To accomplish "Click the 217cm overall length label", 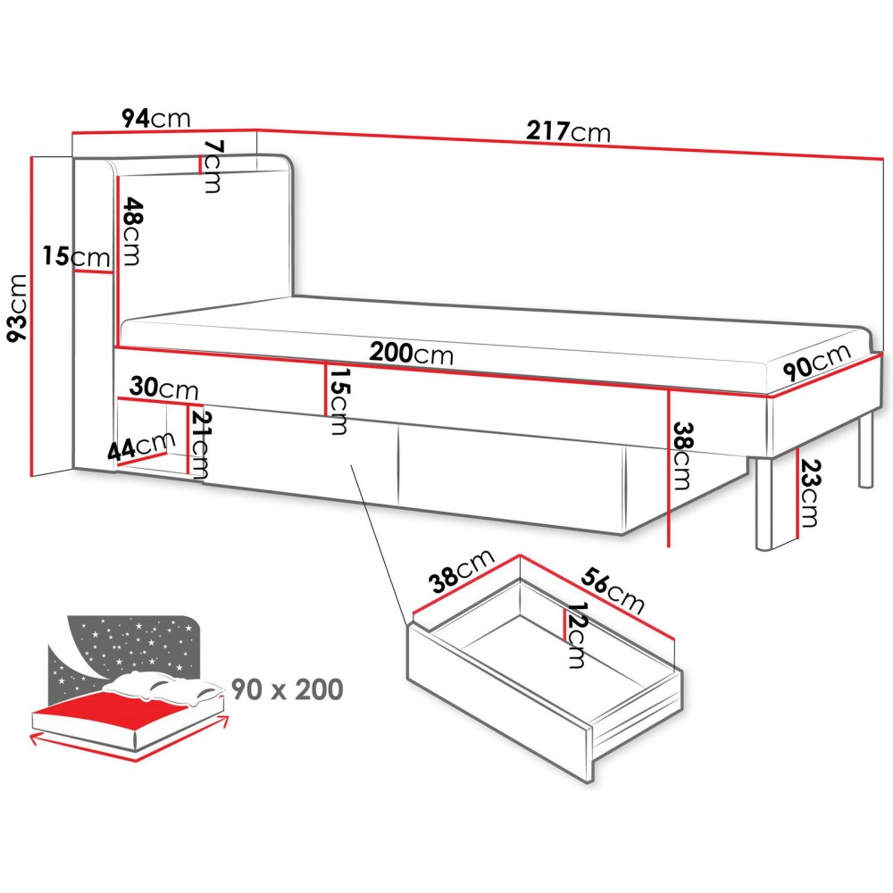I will click(568, 132).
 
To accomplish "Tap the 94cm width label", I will click(157, 118).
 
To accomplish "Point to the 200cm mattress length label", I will click(412, 354).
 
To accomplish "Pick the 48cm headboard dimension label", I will click(129, 231).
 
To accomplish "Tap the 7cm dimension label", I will click(212, 166).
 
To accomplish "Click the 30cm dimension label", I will click(163, 388).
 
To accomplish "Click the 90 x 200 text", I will click(288, 689).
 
